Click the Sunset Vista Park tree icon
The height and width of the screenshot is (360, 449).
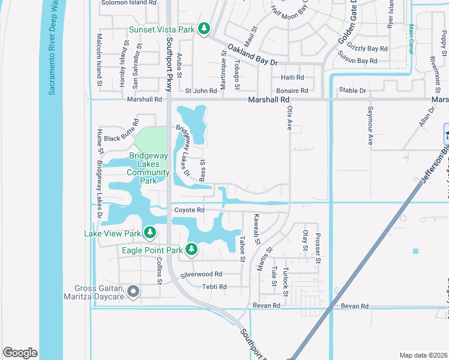[204, 28]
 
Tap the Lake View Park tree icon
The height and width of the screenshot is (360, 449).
[149, 233]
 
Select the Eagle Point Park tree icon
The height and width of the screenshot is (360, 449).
[191, 248]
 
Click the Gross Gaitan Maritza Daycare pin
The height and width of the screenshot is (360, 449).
[133, 292]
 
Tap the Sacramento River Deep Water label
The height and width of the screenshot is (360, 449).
[52, 48]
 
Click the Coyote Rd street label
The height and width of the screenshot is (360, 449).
[190, 210]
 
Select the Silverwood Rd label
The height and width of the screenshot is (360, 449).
[202, 274]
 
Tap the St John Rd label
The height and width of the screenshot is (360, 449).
[200, 91]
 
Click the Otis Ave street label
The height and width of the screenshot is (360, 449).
[289, 118]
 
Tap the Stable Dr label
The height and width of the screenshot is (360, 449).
[352, 91]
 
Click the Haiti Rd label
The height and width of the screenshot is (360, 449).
[293, 78]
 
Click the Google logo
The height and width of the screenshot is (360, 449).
[20, 352]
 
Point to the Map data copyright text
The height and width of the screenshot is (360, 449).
[423, 355]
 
